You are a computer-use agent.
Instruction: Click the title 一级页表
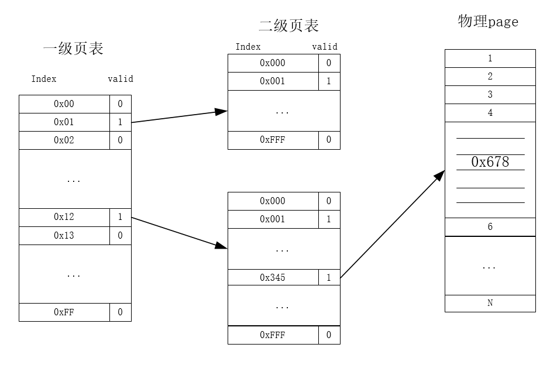(73, 49)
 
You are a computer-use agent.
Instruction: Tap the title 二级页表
(288, 26)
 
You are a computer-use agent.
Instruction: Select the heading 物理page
(488, 22)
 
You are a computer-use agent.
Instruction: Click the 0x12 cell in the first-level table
(64, 217)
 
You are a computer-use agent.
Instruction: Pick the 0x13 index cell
(64, 235)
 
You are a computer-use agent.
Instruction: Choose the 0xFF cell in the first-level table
(64, 312)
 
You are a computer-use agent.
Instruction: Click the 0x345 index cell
(273, 277)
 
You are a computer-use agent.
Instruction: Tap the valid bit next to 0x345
(329, 277)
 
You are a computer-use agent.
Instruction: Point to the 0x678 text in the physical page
(490, 162)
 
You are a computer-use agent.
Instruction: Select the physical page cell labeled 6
(490, 227)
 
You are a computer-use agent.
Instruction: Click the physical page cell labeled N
(490, 303)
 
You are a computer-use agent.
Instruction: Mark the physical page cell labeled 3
(490, 95)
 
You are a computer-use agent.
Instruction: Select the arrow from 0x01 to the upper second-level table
(179, 116)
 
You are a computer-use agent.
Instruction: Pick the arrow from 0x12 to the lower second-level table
(179, 232)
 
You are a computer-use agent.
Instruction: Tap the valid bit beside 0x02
(120, 140)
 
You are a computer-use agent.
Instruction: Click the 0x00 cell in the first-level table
(64, 104)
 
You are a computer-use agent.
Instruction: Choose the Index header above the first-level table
(44, 79)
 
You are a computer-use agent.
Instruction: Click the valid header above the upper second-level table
(325, 47)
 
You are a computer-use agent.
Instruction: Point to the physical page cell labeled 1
(490, 58)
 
